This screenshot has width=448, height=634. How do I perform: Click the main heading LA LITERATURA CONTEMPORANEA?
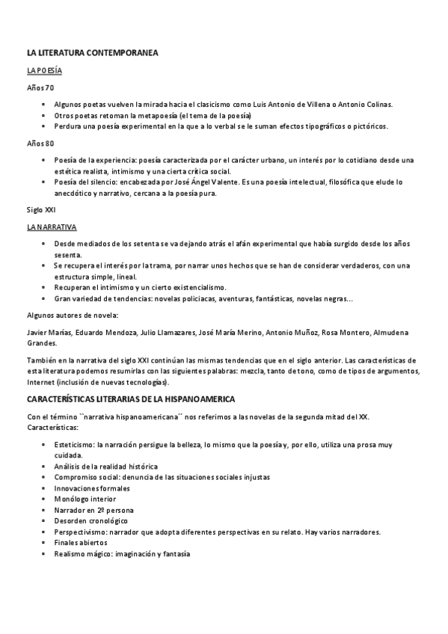[92, 54]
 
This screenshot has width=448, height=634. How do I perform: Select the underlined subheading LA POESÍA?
[44, 71]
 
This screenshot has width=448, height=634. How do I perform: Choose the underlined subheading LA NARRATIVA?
[51, 227]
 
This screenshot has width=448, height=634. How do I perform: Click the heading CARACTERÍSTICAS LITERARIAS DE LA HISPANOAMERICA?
[131, 399]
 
